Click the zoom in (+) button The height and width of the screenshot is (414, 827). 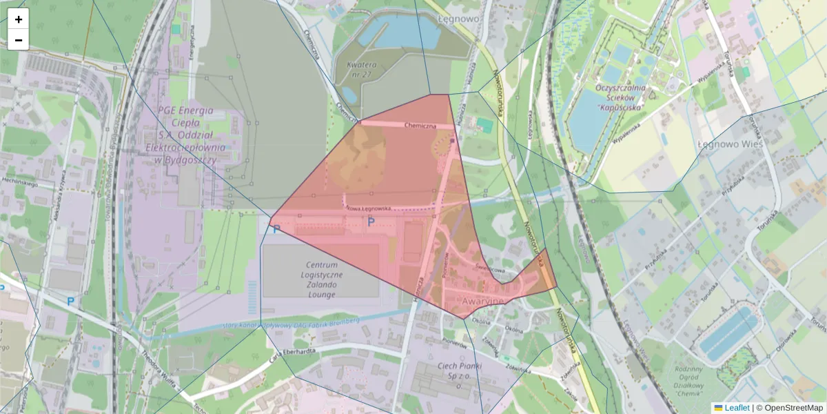click(19, 19)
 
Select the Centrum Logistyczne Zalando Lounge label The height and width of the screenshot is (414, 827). click(321, 279)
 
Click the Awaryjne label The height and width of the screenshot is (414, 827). click(483, 302)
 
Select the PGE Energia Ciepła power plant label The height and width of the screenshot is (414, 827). click(185, 135)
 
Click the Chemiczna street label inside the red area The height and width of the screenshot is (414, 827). click(420, 126)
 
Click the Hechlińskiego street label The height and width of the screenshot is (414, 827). click(19, 182)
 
